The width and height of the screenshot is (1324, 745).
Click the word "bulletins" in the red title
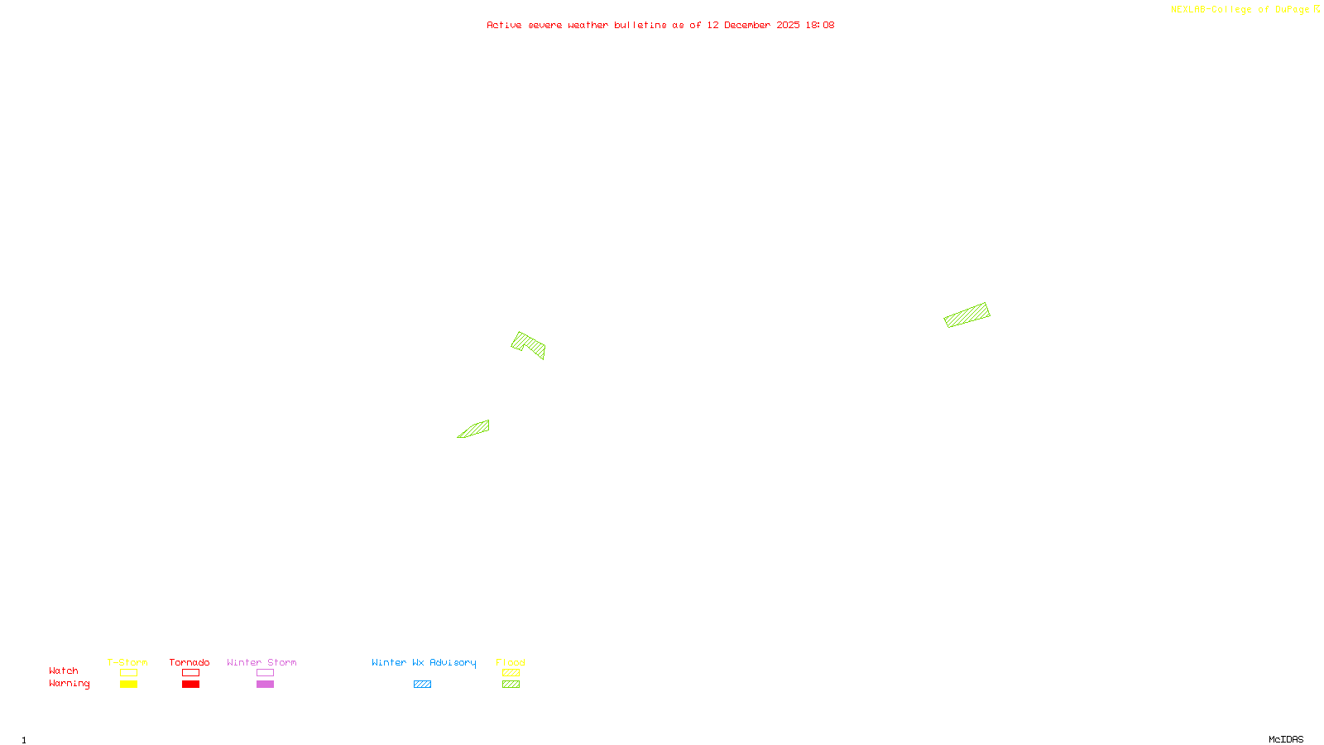[x=640, y=26]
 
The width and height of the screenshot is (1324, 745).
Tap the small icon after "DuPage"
[x=1317, y=9]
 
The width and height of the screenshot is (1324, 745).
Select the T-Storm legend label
[x=127, y=663]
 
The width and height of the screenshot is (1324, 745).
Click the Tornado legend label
[x=189, y=663]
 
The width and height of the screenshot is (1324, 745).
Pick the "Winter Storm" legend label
[x=261, y=663]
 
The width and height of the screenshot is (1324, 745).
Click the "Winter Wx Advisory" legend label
[x=424, y=663]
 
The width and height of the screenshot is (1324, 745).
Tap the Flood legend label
[x=511, y=663]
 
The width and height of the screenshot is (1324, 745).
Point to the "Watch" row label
[x=64, y=671]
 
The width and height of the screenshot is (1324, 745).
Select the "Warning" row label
[x=70, y=684]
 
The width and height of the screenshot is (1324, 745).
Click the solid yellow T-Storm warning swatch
[x=128, y=685]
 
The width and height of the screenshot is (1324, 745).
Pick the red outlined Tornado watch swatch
[x=190, y=673]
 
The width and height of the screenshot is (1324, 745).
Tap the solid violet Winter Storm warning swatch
[x=265, y=685]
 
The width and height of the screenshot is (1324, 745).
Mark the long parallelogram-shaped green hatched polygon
[x=967, y=315]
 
